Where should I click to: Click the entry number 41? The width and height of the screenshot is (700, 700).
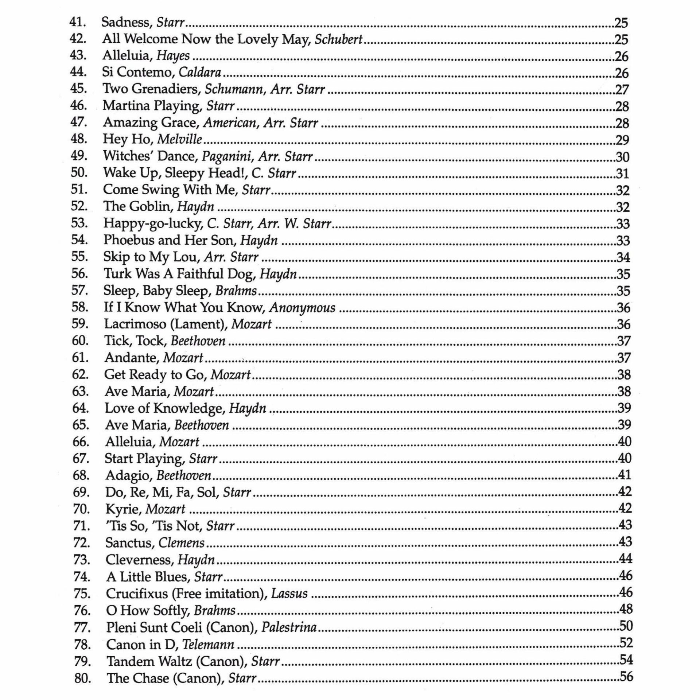(78, 22)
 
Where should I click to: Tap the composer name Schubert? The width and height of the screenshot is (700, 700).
(339, 39)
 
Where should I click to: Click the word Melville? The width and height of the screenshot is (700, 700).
(179, 139)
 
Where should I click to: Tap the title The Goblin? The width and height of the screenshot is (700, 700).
(137, 206)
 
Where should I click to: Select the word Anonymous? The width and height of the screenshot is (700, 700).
(302, 307)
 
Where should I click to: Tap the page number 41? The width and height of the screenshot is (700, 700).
(625, 475)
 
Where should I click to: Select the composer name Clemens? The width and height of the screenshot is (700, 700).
(182, 543)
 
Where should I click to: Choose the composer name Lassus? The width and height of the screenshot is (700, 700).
(289, 594)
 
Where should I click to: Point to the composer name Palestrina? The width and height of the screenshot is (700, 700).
(289, 627)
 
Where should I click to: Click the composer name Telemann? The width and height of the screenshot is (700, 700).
(208, 645)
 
